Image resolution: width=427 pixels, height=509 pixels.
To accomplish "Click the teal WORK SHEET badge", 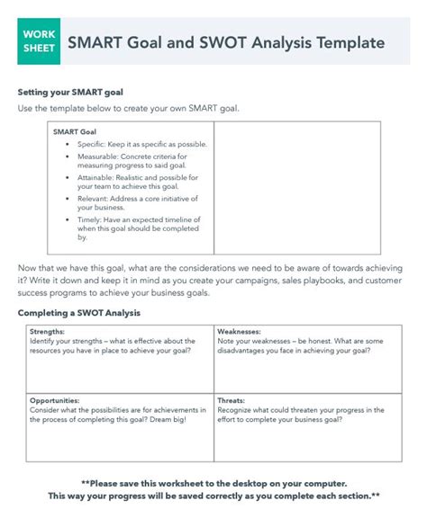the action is [39, 42].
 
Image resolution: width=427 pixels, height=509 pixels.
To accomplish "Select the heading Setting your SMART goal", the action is [70, 93].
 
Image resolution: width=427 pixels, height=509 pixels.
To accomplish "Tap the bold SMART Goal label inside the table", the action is [75, 131].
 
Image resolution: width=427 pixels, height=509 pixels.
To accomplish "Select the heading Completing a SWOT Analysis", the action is [78, 313].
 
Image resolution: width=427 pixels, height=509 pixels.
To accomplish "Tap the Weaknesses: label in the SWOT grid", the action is [239, 332].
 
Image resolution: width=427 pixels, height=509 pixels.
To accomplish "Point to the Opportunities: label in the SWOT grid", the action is [54, 399].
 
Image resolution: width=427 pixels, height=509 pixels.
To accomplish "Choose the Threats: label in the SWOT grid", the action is [231, 399].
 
